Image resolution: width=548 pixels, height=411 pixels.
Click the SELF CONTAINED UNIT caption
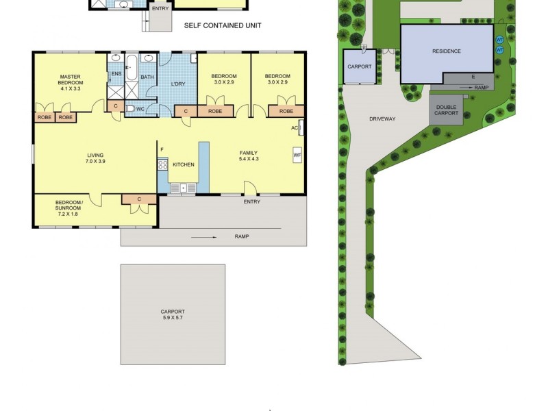pyautogui.click(x=223, y=26)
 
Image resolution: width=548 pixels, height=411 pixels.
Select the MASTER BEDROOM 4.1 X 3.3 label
pyautogui.click(x=71, y=82)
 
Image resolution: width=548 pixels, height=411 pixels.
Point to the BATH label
pyautogui.click(x=147, y=77)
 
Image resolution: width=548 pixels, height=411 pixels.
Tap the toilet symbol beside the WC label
pyautogui.click(x=130, y=108)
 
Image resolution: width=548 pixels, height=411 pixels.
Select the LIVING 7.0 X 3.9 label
pyautogui.click(x=95, y=159)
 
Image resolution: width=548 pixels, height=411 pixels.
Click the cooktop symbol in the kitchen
pyautogui.click(x=163, y=164)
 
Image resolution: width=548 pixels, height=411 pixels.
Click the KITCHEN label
pyautogui.click(x=183, y=164)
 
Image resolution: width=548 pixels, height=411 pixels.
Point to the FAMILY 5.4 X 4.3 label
pyautogui.click(x=248, y=155)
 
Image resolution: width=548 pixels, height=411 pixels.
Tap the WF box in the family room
pyautogui.click(x=297, y=155)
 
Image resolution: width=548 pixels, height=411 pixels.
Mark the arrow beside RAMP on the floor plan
pyautogui.click(x=205, y=237)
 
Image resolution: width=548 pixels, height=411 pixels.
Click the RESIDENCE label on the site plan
pyautogui.click(x=446, y=51)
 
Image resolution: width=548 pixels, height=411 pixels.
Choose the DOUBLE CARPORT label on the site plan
pyautogui.click(x=446, y=110)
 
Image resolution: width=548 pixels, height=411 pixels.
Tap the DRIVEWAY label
pyautogui.click(x=382, y=119)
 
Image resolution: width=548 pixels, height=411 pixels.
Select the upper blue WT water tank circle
pyautogui.click(x=499, y=39)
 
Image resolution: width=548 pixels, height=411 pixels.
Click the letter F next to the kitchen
pyautogui.click(x=162, y=149)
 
